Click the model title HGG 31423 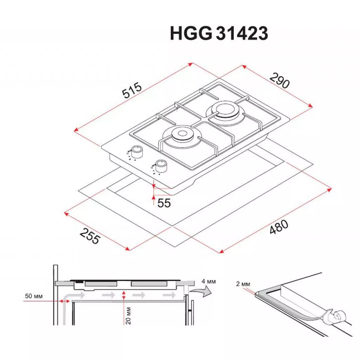click(x=219, y=33)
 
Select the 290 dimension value click(x=279, y=81)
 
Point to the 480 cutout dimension click(x=279, y=227)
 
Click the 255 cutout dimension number click(x=90, y=236)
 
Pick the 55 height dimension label click(x=164, y=203)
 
